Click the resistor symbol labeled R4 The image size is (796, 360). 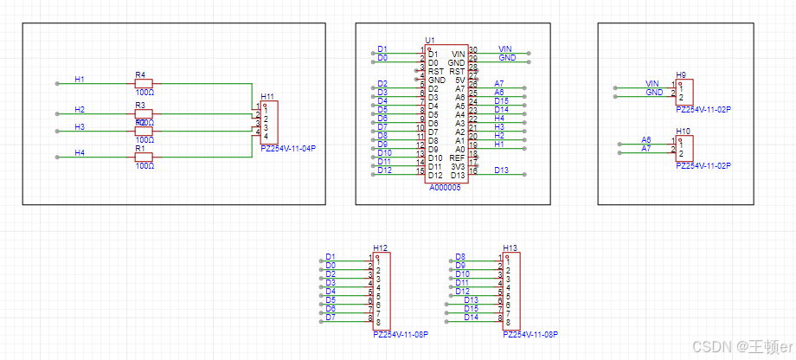coord(144,84)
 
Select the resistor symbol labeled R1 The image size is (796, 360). coord(144,157)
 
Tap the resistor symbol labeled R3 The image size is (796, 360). coord(144,113)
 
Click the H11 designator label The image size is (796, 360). coord(267,97)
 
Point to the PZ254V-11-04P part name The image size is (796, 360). coord(288,149)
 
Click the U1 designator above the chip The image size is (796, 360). coord(430,41)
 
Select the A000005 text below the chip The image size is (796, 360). coord(446,187)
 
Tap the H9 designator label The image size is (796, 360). coord(682,75)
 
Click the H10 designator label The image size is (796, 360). coord(684,132)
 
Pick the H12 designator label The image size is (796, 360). coord(381,248)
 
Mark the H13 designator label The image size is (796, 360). coord(510,248)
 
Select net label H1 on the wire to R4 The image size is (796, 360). coord(80,80)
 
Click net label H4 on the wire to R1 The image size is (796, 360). coord(80,152)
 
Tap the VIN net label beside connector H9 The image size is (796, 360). coord(652,83)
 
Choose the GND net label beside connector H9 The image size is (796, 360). coord(654,92)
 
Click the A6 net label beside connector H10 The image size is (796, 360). coord(646,139)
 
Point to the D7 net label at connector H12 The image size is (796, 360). coord(331,317)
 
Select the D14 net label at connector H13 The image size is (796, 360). coord(471,317)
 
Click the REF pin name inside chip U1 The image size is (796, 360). coord(458,157)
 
